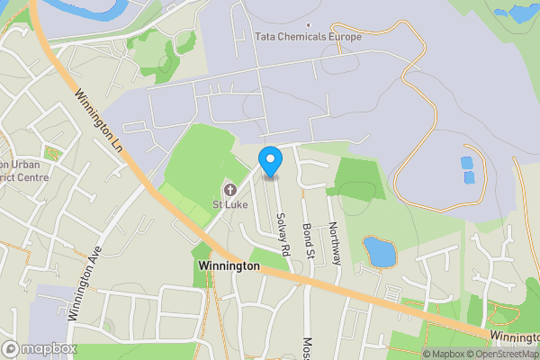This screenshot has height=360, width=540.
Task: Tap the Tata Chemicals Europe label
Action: [310, 37]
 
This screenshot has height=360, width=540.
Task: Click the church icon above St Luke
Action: [229, 189]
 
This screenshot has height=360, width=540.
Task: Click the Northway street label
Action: [334, 243]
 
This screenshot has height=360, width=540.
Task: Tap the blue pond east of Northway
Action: [380, 252]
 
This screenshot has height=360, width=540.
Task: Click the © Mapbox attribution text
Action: [443, 354]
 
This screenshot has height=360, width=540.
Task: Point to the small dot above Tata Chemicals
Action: [309, 24]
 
